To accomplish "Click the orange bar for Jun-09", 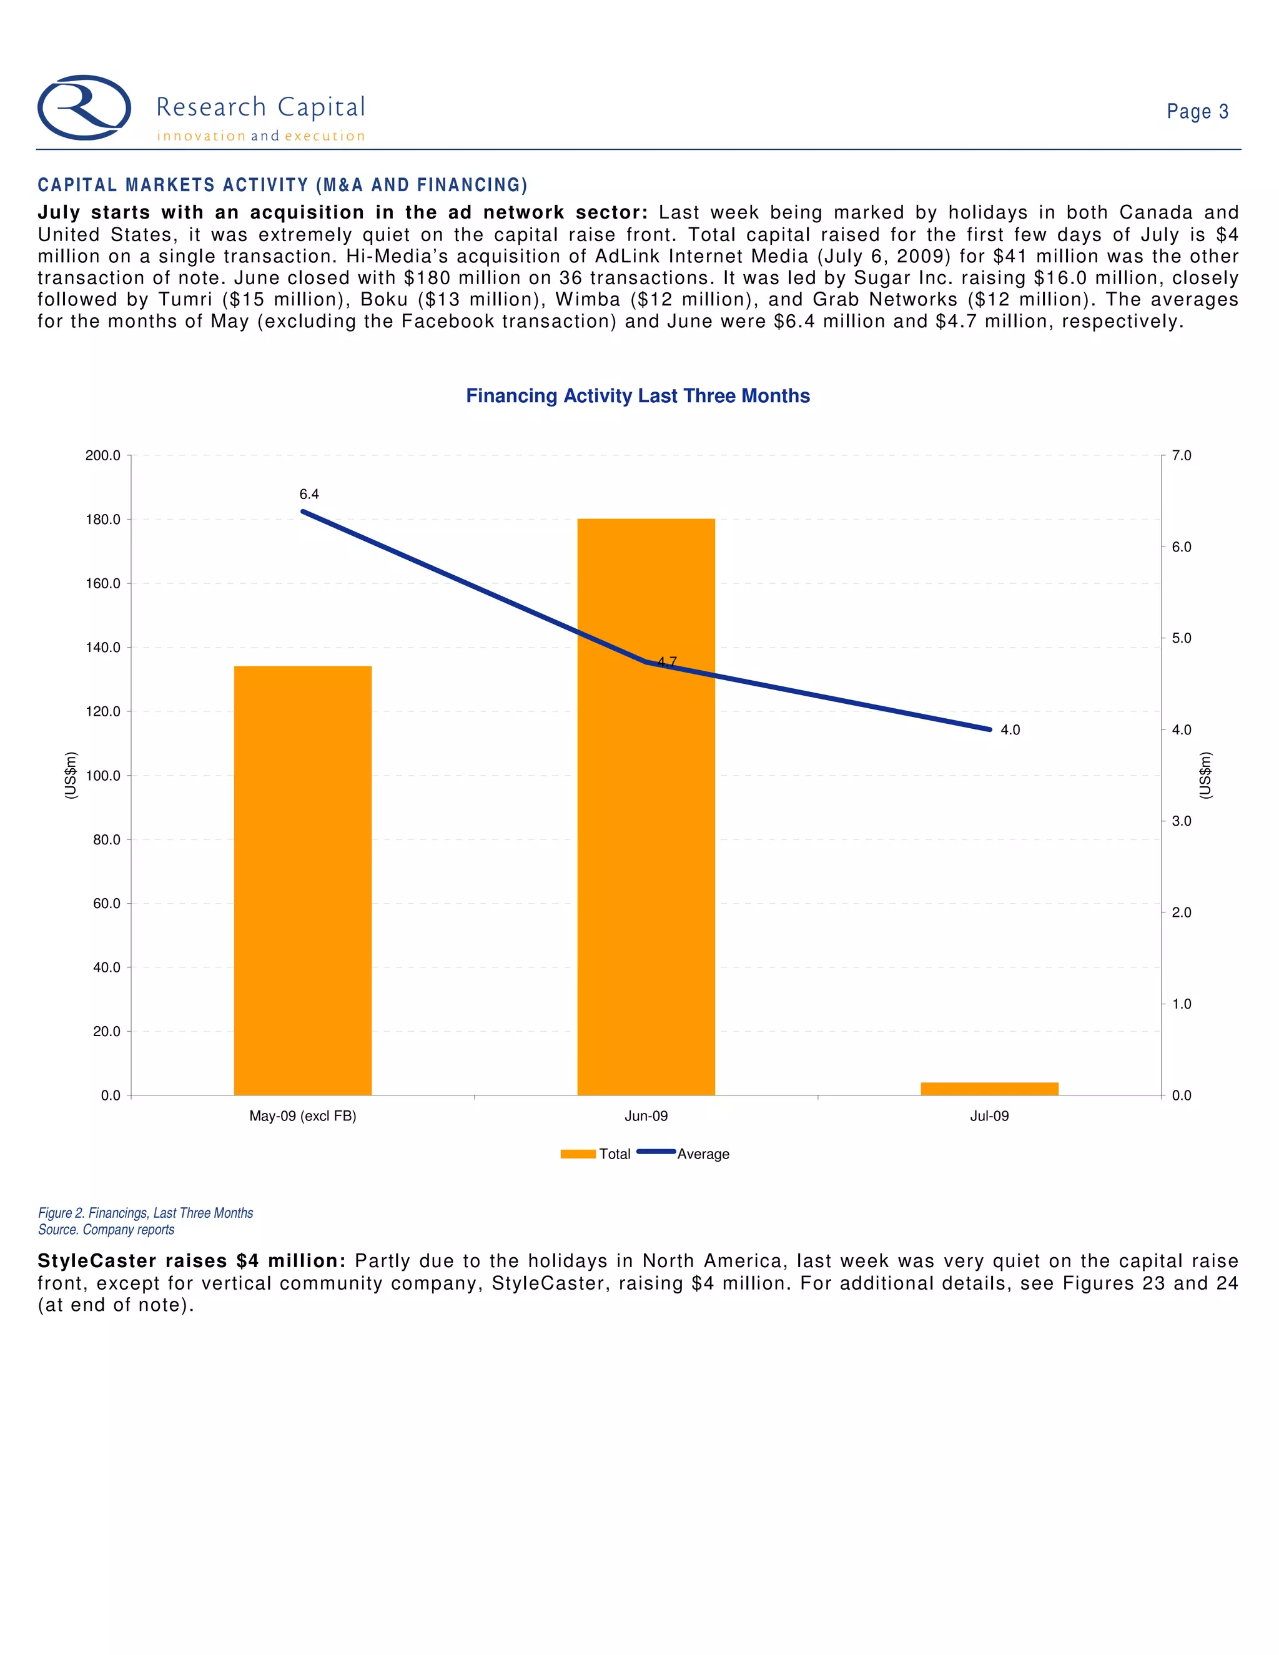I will pos(646,806).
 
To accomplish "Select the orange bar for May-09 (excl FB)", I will pos(302,880).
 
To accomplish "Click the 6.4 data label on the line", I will pos(309,494).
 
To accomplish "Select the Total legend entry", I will pos(596,1154).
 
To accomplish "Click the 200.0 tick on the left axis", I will pos(103,455).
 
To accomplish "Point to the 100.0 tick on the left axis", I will pos(103,775).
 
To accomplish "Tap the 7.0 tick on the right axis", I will pos(1181,455).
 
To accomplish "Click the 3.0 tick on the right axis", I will pos(1181,821).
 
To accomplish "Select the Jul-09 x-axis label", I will pos(989,1115).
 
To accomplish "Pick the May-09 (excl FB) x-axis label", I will pos(302,1115).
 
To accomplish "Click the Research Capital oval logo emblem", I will pos(84,107).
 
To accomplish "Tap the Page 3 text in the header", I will pos(1197,111).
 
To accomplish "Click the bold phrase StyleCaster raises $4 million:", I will pos(192,1261).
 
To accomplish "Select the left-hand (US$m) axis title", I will pos(71,774).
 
